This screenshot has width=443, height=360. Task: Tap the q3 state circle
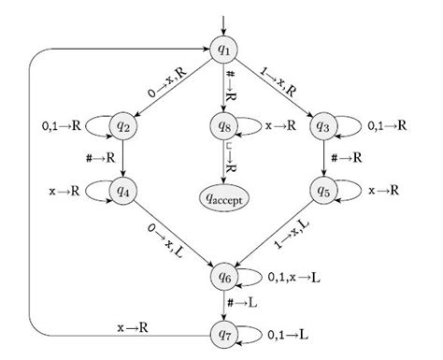pos(323,124)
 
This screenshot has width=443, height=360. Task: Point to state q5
pos(323,190)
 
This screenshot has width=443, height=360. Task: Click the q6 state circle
pos(223,277)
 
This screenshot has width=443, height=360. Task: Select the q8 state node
pos(223,124)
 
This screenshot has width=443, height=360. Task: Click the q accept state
pos(223,197)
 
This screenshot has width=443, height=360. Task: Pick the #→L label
pos(246,305)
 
